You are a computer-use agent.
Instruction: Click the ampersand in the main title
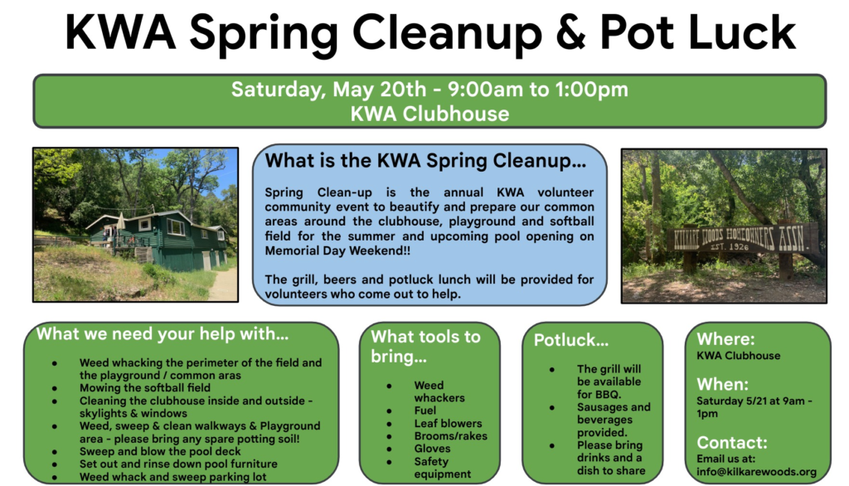570,32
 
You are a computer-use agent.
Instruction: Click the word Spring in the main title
264,35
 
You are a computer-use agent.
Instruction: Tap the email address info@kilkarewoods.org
756,471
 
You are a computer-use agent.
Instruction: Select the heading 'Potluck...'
570,340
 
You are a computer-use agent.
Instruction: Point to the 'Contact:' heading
731,442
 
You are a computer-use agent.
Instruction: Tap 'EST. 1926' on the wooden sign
730,246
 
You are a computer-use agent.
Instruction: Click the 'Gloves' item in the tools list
432,448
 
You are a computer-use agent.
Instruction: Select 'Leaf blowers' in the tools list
448,423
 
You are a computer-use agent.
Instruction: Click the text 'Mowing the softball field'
144,387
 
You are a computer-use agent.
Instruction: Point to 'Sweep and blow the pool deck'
160,451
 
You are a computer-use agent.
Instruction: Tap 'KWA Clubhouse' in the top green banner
429,114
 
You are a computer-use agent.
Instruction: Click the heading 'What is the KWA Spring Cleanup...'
425,161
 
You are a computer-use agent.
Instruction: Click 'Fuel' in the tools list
425,411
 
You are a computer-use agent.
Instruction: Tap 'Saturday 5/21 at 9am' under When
750,401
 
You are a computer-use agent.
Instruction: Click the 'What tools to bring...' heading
425,346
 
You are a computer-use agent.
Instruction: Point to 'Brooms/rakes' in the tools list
450,435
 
